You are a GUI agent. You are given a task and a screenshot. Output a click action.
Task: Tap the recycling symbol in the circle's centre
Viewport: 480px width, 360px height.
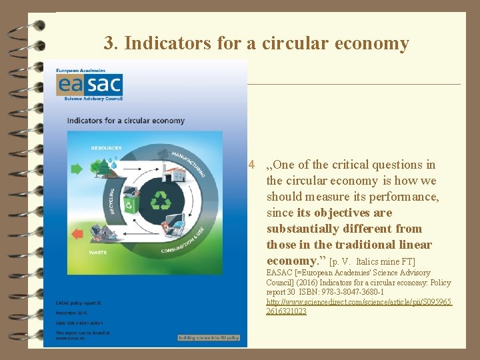click(x=161, y=201)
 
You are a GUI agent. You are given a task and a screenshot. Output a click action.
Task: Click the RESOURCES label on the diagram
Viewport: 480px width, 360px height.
click(x=106, y=148)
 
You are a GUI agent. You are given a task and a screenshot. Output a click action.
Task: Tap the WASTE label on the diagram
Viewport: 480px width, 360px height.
click(x=98, y=252)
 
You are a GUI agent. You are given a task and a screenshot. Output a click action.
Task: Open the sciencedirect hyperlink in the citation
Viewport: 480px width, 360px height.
click(x=359, y=307)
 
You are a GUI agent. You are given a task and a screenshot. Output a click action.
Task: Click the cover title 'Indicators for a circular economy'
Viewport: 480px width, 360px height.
click(x=125, y=121)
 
